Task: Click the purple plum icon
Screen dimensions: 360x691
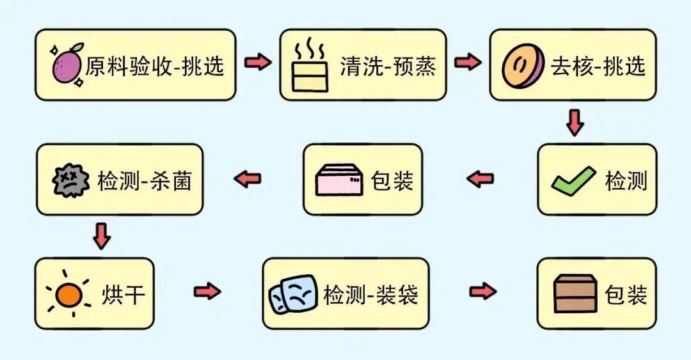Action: click(x=67, y=65)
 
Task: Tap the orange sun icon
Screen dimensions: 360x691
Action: click(x=68, y=294)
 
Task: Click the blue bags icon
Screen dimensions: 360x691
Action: click(x=292, y=294)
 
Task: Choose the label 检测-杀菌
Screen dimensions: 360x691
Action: click(x=145, y=180)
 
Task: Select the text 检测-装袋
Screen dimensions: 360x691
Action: click(x=370, y=294)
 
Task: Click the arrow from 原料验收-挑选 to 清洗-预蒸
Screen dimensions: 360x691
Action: click(x=258, y=63)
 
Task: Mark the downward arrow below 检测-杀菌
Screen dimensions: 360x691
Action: click(x=101, y=237)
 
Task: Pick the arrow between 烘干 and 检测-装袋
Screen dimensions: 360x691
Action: click(x=207, y=292)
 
